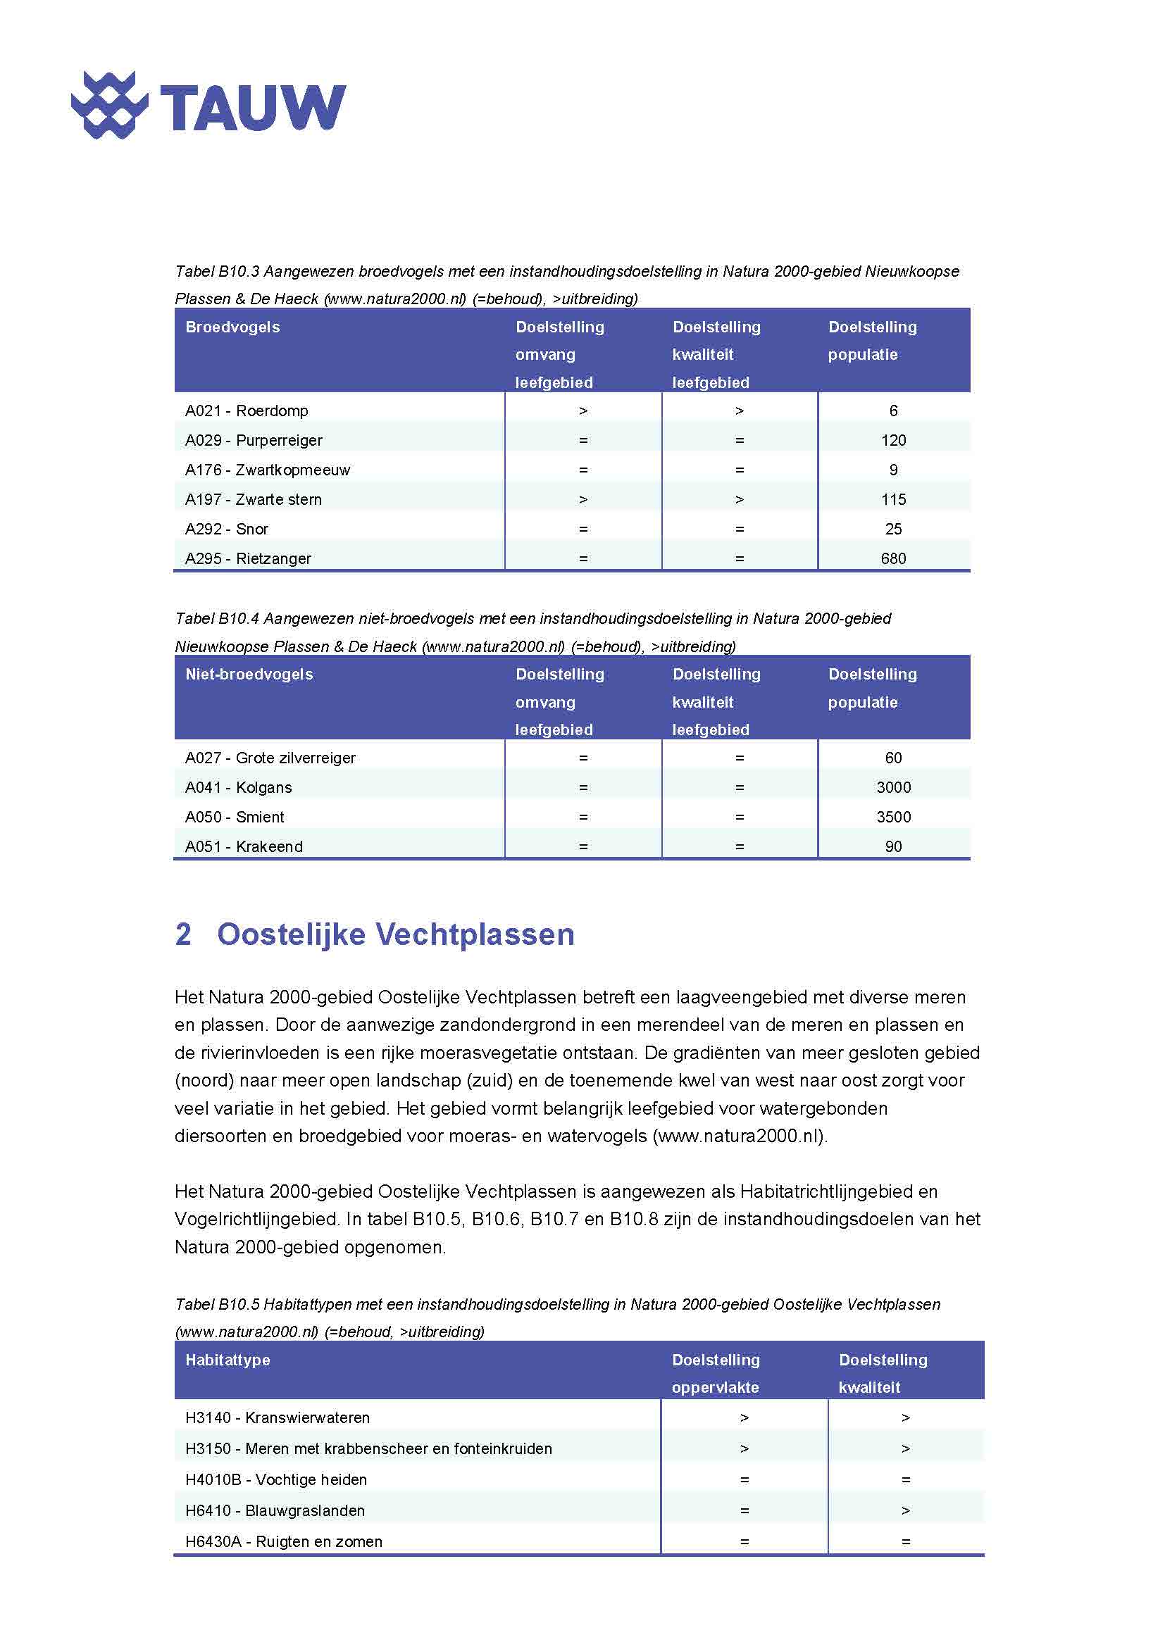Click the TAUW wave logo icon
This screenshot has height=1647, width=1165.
[109, 105]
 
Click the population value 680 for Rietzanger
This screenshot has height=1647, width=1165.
[893, 559]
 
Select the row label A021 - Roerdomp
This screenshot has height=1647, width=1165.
[247, 411]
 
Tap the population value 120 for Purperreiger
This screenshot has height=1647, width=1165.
[893, 440]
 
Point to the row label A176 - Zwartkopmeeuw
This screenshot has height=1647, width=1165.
[268, 470]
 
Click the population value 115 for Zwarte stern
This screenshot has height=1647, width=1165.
[893, 500]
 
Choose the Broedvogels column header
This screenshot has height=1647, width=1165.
[232, 327]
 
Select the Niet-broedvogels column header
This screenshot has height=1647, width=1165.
[249, 675]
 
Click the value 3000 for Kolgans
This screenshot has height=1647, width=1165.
[893, 788]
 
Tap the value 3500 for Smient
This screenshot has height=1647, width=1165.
[893, 817]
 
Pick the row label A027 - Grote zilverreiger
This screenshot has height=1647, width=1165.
[270, 758]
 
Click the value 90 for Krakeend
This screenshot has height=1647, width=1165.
[893, 846]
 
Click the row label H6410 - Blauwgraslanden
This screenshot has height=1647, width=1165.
[275, 1510]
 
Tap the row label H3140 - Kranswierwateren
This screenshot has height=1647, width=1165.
[278, 1417]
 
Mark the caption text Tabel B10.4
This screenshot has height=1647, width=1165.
[217, 619]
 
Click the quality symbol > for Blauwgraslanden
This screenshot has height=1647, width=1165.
[905, 1510]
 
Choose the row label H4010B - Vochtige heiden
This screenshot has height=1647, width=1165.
[276, 1480]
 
